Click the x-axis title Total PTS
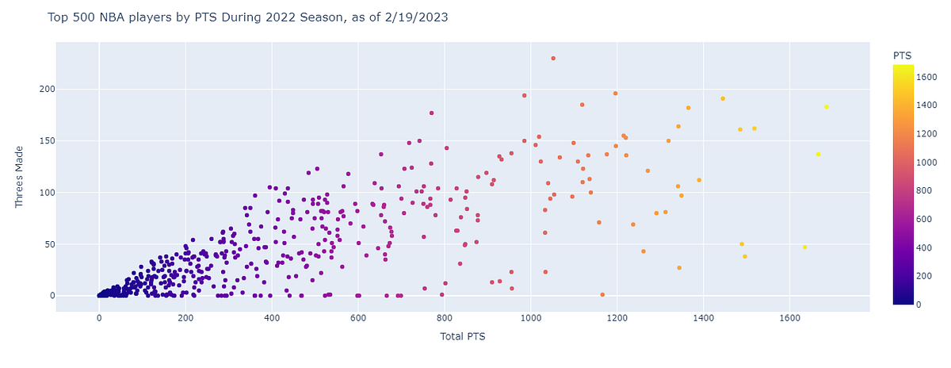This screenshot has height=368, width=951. (x=463, y=337)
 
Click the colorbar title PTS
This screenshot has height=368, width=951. (x=902, y=56)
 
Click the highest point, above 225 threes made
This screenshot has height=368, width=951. (x=553, y=58)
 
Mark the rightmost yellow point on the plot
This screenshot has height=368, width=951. (x=827, y=106)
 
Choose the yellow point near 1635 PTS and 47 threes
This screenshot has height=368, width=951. (x=804, y=247)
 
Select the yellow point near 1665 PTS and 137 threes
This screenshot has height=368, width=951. (x=818, y=154)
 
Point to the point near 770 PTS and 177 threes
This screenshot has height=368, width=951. (x=431, y=113)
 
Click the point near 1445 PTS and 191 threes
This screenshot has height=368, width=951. (x=723, y=98)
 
